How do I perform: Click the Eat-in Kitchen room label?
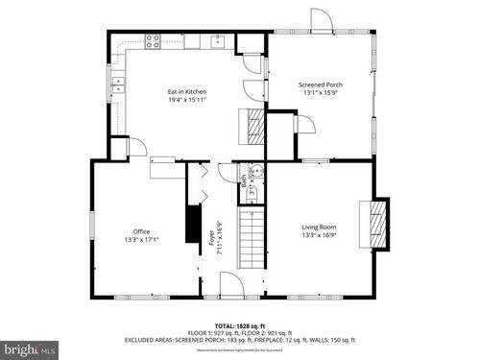[187, 91]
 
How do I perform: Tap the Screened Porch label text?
[321, 85]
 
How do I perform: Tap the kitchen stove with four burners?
[153, 40]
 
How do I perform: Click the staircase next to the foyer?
[249, 239]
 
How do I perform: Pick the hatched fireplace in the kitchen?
[253, 126]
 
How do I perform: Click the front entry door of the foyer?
[232, 285]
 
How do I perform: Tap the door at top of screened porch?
[319, 19]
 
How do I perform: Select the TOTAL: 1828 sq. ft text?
[239, 327]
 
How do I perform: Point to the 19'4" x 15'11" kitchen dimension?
[187, 100]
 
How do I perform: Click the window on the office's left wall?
[92, 223]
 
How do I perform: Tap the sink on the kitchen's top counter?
[219, 40]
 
